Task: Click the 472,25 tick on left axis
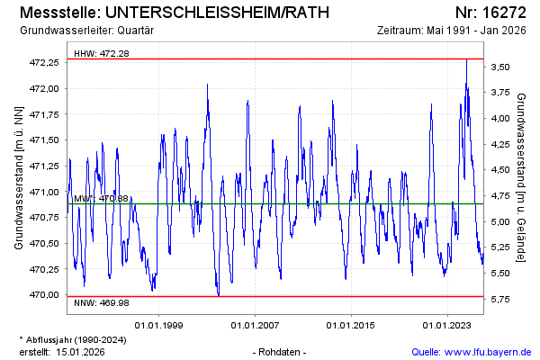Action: click(44, 63)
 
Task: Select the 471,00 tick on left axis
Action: click(44, 192)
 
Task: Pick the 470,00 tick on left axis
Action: click(44, 295)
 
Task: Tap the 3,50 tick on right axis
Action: click(500, 67)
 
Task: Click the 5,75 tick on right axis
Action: click(500, 299)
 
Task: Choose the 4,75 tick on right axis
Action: click(500, 195)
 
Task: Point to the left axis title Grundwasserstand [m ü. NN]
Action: click(19, 177)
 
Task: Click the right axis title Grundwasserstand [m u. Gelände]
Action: click(522, 177)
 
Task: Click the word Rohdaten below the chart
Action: click(281, 352)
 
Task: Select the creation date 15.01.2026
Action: click(80, 352)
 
